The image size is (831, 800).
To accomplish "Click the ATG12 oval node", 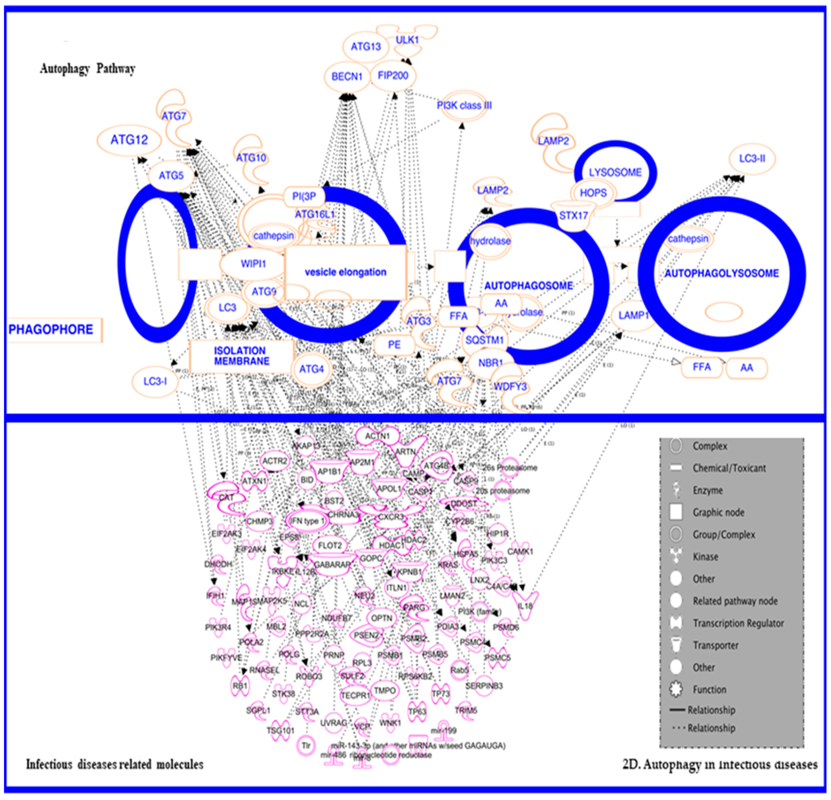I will click(129, 140).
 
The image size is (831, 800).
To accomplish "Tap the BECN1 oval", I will click(347, 77).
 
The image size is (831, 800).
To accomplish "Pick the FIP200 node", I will click(393, 76).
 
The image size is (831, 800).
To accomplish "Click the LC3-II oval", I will click(752, 159).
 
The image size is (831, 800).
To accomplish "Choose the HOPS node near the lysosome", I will click(593, 193).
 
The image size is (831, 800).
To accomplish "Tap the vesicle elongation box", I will click(346, 272).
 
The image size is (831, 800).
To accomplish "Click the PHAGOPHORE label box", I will click(52, 330).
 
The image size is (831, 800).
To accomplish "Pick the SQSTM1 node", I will click(484, 340).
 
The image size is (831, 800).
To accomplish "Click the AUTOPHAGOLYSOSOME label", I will click(722, 273).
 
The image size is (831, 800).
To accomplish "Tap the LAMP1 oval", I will click(633, 315).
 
